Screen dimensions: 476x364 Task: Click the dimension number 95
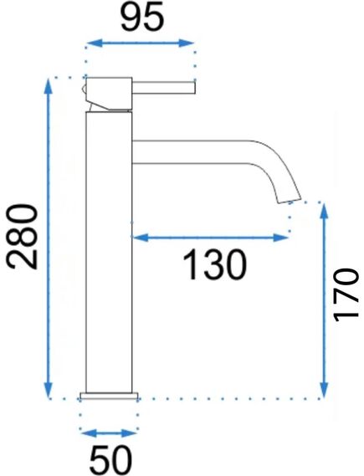(x=140, y=18)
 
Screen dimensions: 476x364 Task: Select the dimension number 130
(x=214, y=265)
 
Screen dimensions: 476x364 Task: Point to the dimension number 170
(x=345, y=294)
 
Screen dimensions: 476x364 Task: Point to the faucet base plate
(x=108, y=396)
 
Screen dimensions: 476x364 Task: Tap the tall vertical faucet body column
(x=108, y=251)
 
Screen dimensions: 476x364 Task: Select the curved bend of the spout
(x=277, y=167)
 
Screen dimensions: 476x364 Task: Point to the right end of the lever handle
(x=192, y=84)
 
